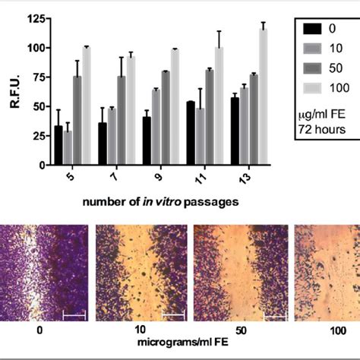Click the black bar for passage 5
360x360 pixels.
(58, 145)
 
